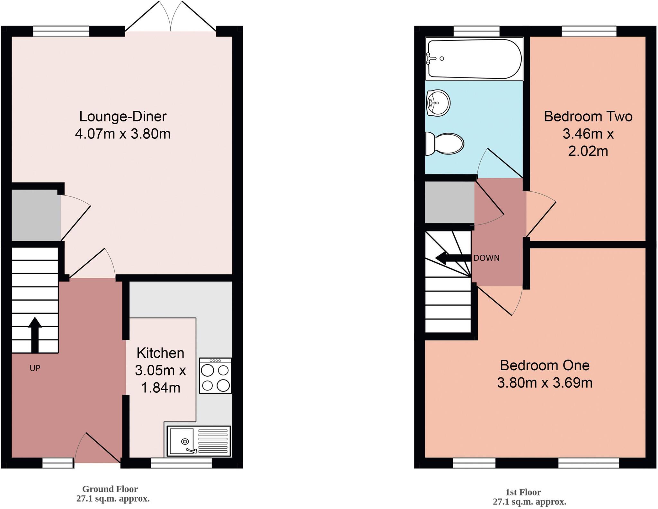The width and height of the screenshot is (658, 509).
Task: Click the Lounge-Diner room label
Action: point(123,117)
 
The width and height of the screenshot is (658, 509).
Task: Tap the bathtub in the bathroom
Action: point(474,58)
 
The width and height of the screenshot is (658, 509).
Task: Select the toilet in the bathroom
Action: point(445,143)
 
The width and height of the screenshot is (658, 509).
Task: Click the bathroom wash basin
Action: point(438,103)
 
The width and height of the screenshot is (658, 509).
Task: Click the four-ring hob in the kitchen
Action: point(215,376)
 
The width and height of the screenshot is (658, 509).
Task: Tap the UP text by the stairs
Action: point(35,368)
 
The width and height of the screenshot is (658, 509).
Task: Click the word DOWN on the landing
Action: point(486,258)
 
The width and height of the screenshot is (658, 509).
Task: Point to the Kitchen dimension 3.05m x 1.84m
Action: point(160,379)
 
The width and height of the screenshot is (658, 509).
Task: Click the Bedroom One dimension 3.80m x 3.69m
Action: point(545,383)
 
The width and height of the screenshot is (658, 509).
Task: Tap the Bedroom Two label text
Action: point(588,117)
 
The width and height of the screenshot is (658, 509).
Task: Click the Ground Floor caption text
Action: point(110,489)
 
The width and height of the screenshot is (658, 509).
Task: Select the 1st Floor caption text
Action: point(523,492)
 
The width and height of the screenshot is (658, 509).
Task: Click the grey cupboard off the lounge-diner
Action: point(36,215)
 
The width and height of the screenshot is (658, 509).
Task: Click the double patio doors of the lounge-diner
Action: point(171,19)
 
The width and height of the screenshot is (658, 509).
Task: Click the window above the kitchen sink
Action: point(181,463)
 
